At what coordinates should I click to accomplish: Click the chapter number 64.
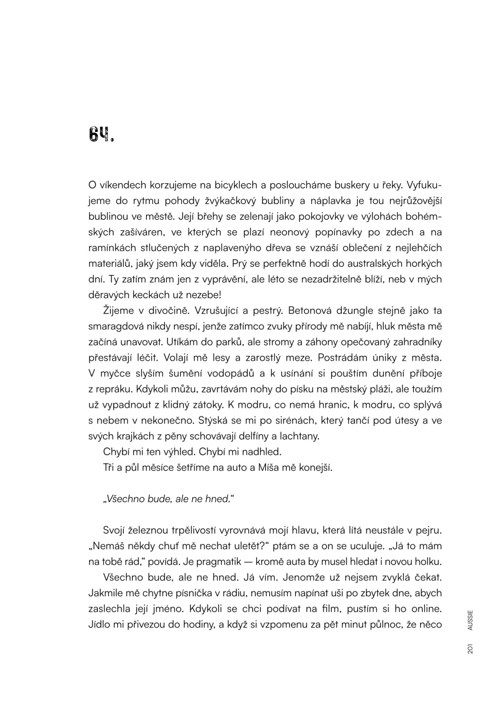(100, 135)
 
